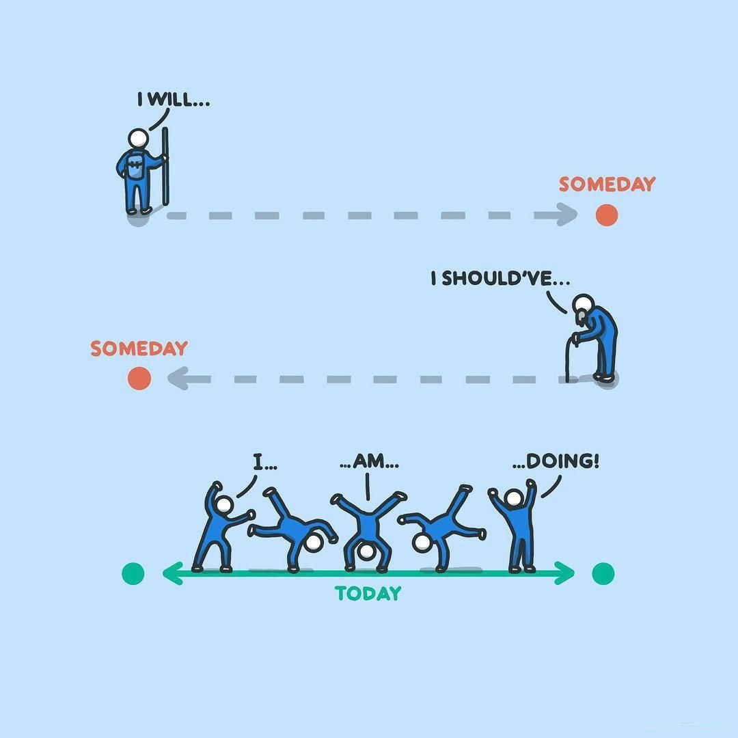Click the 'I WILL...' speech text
(174, 100)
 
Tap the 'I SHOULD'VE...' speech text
(500, 279)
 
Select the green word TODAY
(368, 593)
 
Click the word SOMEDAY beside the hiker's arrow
(607, 184)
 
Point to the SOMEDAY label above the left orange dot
(139, 348)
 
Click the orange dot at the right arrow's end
(606, 215)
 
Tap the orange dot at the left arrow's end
(139, 378)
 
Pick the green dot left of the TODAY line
(133, 573)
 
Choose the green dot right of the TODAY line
(603, 573)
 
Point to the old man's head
(582, 304)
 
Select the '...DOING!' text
(556, 461)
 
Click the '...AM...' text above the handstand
(369, 462)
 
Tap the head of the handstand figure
(367, 551)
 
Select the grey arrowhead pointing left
(179, 378)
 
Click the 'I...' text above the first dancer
(264, 462)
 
